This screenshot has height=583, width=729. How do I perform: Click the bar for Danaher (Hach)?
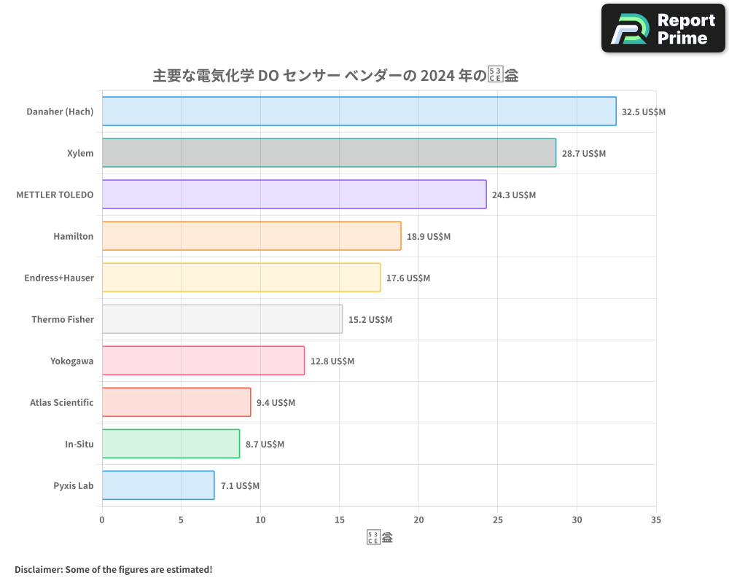click(359, 111)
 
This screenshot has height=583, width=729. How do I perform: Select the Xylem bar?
click(329, 153)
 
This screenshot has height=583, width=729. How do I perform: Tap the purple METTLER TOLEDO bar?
click(294, 195)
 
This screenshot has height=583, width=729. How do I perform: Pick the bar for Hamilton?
click(252, 236)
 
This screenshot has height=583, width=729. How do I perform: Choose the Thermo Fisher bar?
click(222, 319)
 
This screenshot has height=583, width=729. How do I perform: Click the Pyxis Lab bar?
click(158, 485)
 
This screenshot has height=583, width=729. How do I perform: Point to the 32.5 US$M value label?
click(644, 112)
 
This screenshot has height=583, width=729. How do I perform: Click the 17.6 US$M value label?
click(408, 278)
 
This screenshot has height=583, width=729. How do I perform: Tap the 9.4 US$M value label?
click(276, 403)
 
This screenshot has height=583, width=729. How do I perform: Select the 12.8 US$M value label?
click(332, 361)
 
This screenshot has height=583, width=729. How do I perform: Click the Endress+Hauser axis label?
click(54, 278)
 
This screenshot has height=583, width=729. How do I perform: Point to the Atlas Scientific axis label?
click(62, 402)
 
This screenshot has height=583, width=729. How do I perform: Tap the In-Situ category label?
click(79, 444)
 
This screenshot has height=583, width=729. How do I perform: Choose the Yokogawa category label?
click(72, 361)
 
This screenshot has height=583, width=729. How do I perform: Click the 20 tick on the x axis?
click(418, 520)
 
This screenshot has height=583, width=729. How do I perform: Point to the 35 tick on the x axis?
click(656, 520)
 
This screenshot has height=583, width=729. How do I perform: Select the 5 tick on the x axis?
click(181, 520)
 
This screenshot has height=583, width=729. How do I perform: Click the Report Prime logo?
click(663, 28)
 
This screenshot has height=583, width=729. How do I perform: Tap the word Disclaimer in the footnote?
click(38, 569)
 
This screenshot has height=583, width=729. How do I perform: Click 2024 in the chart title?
click(434, 75)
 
